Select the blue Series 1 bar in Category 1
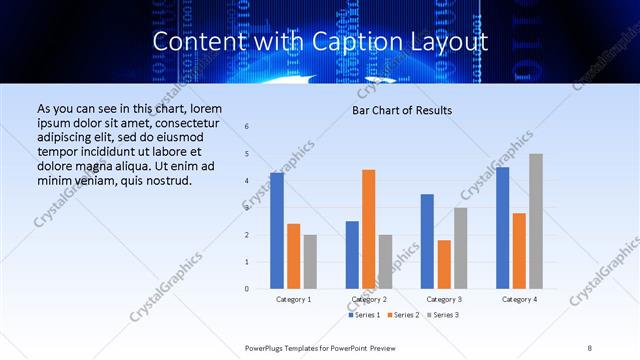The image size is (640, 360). point(277,231)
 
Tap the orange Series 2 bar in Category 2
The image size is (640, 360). point(368,229)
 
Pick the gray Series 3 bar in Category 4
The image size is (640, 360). point(536,221)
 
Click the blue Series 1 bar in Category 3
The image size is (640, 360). point(427,241)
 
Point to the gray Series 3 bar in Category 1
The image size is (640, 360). point(310,261)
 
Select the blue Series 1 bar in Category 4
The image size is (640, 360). point(502,228)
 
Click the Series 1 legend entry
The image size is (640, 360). point(364,315)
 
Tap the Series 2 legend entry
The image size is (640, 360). point(403,315)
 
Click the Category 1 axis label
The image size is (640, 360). point(294,299)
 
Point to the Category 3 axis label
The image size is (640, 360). point(444,299)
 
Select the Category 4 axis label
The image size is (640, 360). point(519,299)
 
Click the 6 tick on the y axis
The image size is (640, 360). point(247,127)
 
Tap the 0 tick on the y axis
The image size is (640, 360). point(247,289)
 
